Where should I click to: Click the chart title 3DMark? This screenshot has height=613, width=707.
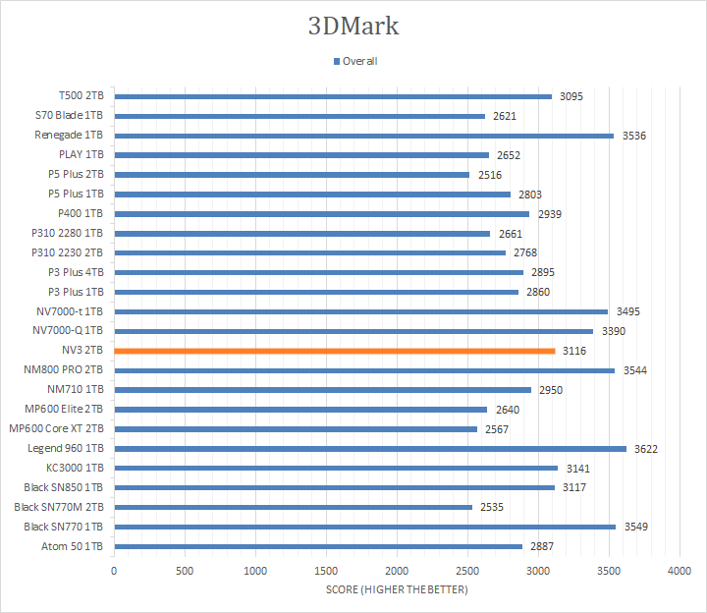tap(353, 26)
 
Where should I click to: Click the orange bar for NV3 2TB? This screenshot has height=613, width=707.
tap(334, 351)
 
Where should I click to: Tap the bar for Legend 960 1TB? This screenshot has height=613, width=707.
tap(370, 449)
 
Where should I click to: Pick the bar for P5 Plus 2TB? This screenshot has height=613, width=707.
tap(292, 175)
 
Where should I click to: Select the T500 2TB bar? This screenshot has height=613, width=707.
tap(333, 96)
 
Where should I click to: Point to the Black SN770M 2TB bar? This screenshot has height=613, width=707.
tap(293, 508)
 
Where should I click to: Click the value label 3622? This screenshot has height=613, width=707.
tap(646, 449)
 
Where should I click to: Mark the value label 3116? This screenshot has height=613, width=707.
tap(574, 351)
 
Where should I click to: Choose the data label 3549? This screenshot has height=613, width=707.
tap(635, 528)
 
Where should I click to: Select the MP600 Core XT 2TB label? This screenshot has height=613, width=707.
tap(57, 429)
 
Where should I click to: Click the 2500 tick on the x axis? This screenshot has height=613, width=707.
tap(467, 571)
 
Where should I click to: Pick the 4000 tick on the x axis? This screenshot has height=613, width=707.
tap(680, 571)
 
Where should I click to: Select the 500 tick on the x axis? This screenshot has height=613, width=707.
tap(185, 571)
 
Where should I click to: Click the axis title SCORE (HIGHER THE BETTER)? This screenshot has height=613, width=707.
tap(397, 589)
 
